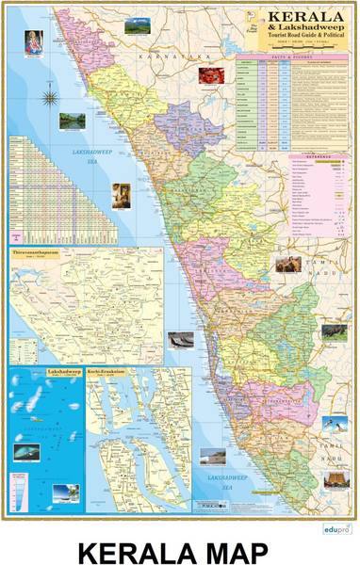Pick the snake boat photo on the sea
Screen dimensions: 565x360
click(x=180, y=339)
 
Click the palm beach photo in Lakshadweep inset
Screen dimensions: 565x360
click(x=66, y=491)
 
